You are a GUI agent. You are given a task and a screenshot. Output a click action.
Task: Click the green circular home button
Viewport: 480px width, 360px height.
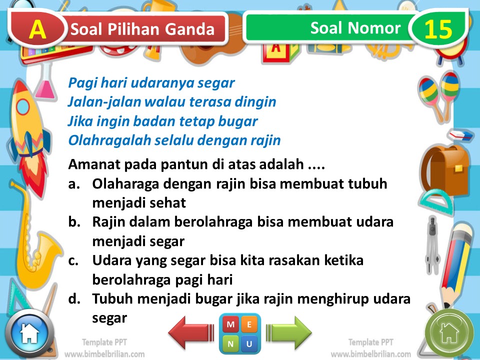448,331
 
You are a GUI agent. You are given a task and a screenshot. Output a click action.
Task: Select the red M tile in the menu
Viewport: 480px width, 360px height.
230,324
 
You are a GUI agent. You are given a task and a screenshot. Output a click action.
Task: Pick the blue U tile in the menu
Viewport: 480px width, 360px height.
250,343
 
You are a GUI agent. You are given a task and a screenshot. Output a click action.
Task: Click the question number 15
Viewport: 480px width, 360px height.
438,29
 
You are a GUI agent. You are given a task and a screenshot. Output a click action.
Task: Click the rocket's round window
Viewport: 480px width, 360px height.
23,106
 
